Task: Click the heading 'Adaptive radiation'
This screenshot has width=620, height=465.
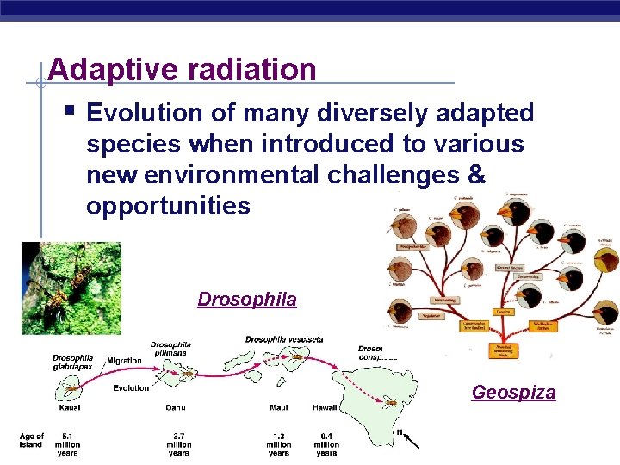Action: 183,69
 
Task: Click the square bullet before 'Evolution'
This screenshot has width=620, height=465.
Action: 68,110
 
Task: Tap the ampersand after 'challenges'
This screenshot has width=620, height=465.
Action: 476,175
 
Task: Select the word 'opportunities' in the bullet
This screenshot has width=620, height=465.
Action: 168,206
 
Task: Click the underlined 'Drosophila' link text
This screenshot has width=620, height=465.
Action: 247,300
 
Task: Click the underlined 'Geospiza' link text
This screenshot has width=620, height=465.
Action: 513,393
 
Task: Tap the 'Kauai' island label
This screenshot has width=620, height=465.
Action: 70,407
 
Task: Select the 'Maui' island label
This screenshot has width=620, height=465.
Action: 278,407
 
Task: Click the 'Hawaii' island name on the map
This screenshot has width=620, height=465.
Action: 325,407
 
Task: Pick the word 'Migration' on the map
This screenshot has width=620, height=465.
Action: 124,360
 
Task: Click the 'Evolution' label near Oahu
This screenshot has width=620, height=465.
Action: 131,388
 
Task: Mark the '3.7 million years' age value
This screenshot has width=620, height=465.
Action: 179,444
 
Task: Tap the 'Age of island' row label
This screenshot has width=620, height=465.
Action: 31,441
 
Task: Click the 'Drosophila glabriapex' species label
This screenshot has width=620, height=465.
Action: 73,363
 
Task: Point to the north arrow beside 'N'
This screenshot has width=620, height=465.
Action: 411,440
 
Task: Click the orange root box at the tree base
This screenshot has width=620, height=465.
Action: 501,348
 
